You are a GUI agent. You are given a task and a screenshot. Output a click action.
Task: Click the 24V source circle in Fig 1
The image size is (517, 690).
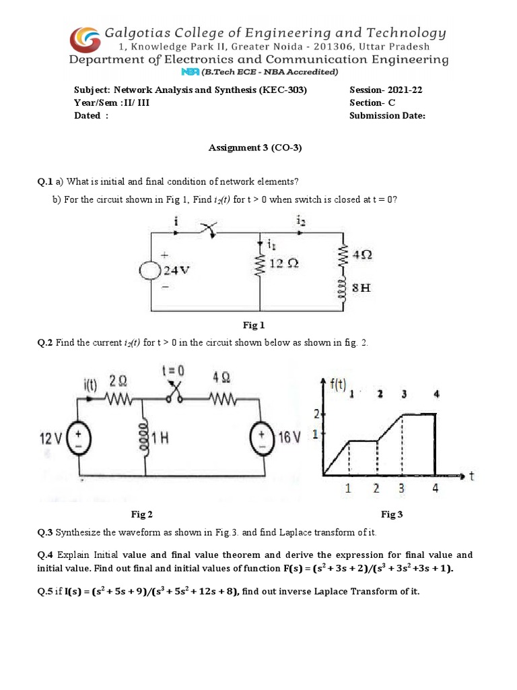point(149,270)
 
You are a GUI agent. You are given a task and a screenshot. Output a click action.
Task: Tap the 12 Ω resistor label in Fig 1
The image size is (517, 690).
point(283,263)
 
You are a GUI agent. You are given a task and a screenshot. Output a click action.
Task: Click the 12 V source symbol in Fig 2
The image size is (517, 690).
point(84,439)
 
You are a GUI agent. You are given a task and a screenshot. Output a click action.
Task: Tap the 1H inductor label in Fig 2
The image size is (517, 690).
point(160,439)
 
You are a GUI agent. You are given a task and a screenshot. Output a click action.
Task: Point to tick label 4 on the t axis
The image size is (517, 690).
point(436,489)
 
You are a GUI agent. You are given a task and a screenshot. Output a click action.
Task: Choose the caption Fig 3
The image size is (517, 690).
point(392,514)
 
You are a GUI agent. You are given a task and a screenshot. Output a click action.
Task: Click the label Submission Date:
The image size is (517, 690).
point(387,115)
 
